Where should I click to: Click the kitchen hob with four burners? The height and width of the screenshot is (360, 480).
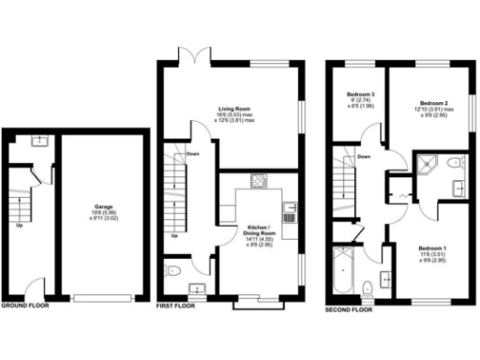coord(259,180)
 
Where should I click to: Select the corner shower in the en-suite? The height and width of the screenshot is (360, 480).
coord(426,164)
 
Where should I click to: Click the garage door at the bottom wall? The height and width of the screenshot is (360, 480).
coord(102,297)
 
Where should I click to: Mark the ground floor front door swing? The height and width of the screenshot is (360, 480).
coord(33,287)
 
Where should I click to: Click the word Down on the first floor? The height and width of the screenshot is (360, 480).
coord(192,154)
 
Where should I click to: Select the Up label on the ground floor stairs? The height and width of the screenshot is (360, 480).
coord(20,226)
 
